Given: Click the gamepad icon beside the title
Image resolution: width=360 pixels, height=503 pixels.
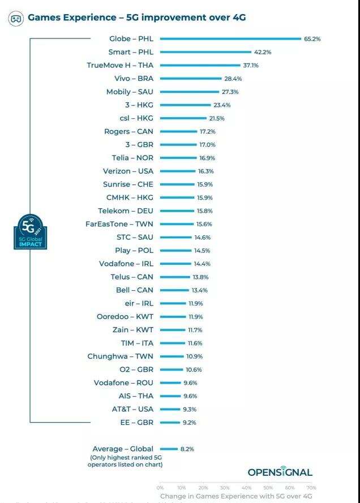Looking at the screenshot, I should [16, 19].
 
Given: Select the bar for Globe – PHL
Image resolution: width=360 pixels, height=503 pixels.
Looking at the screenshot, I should [230, 39].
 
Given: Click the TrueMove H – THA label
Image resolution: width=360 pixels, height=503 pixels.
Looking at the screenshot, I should [120, 65].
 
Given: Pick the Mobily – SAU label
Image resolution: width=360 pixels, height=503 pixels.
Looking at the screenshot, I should [130, 92].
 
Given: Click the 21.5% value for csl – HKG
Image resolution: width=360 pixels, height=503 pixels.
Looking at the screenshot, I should [217, 118].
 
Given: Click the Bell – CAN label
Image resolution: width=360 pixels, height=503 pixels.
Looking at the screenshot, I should [134, 290].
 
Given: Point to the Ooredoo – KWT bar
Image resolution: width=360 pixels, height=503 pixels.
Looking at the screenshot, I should [173, 317].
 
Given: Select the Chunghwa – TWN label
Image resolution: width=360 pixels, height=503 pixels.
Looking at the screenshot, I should [120, 356].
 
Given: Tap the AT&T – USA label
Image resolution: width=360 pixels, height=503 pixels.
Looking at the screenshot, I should [133, 409].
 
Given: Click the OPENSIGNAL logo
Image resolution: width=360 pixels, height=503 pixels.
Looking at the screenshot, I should [280, 472].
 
